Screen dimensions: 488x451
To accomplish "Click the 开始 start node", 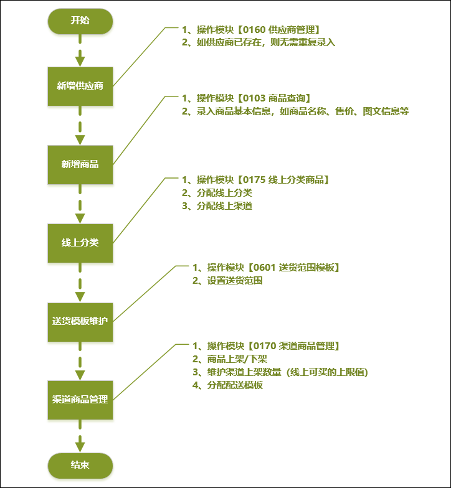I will (x=80, y=21).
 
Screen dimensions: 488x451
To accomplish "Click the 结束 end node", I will (x=80, y=466).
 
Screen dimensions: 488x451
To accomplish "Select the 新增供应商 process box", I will (x=80, y=86).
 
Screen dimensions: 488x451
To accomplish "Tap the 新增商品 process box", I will (x=80, y=164).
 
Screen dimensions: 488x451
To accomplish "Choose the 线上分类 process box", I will (x=80, y=243).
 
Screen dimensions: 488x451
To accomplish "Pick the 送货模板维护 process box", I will (x=80, y=321).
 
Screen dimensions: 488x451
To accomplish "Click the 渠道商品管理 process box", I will (x=80, y=400).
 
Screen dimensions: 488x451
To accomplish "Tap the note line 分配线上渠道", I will (x=224, y=206).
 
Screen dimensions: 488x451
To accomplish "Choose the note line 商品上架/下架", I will (x=239, y=359).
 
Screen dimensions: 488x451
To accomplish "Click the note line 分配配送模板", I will (x=235, y=385).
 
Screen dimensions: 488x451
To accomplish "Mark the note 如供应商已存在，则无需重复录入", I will (x=266, y=42).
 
